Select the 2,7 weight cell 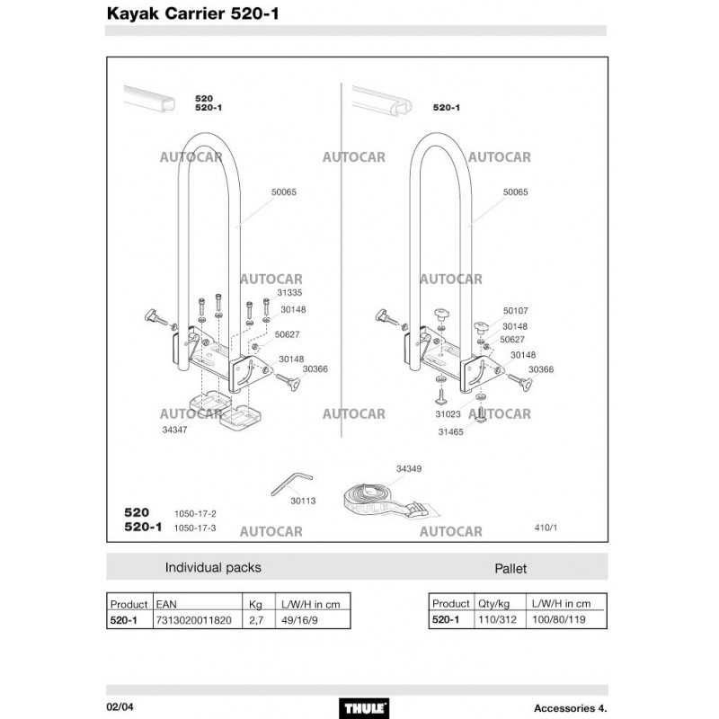click(x=255, y=620)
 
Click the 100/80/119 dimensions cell click(x=560, y=620)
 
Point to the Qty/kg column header click(x=495, y=603)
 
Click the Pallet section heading click(x=510, y=569)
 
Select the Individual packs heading click(x=213, y=568)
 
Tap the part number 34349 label click(x=408, y=468)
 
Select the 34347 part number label click(x=174, y=431)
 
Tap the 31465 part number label click(x=451, y=431)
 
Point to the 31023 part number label click(x=448, y=414)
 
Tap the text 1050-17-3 click(x=195, y=528)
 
